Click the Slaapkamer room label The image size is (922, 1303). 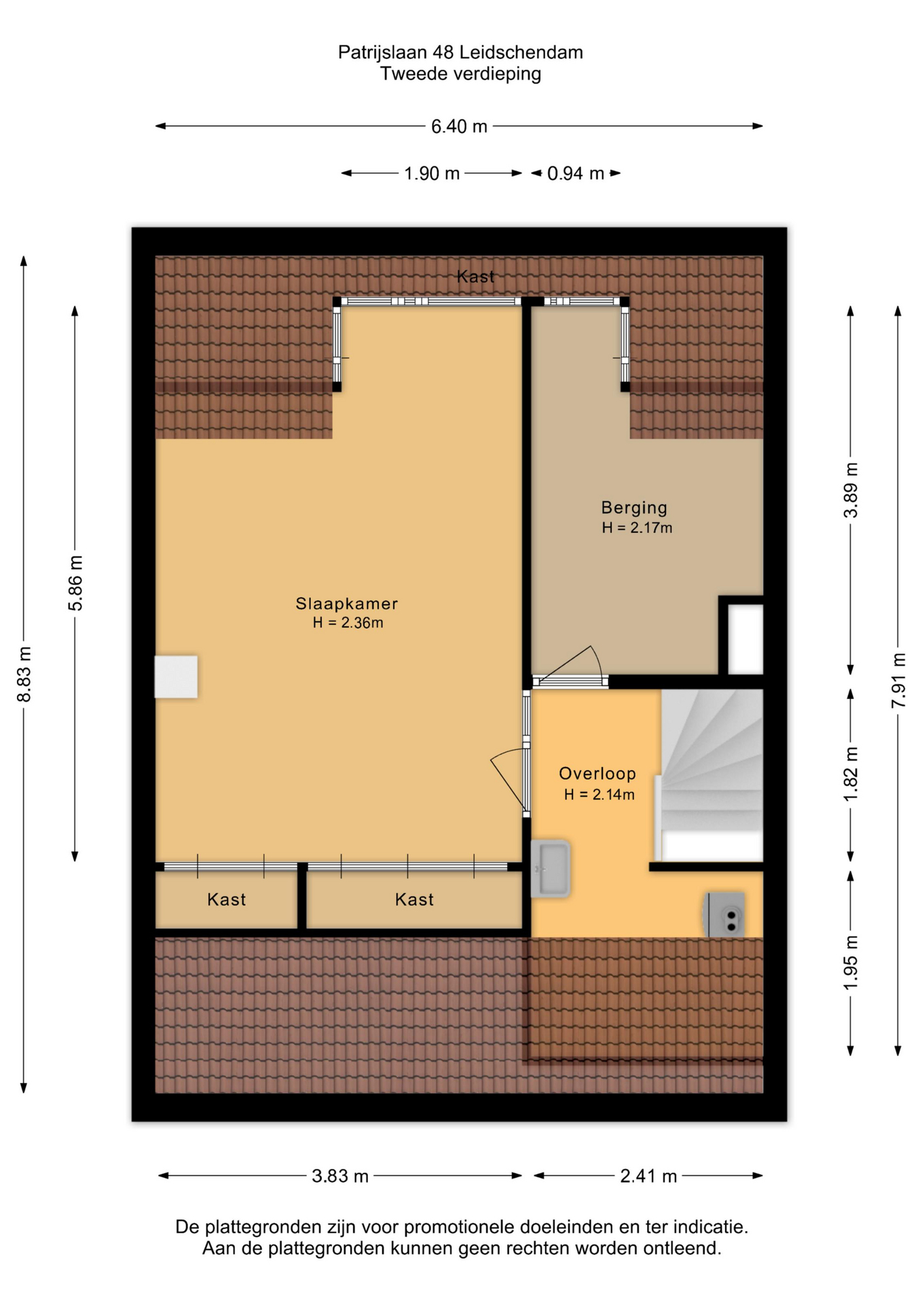click(x=346, y=603)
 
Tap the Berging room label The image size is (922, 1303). click(x=634, y=508)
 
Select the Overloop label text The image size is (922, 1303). click(x=597, y=774)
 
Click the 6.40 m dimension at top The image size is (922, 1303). click(x=459, y=126)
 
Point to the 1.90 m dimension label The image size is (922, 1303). click(x=432, y=174)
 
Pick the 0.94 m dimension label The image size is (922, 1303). click(x=576, y=174)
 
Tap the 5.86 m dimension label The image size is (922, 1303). click(x=75, y=583)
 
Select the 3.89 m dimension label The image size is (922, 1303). click(x=851, y=490)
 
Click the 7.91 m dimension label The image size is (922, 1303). click(x=898, y=680)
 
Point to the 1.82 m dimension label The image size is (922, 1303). click(x=851, y=774)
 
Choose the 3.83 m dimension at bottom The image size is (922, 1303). click(x=340, y=1176)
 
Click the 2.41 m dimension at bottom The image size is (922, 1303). click(x=648, y=1176)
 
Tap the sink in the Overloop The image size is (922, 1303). click(x=550, y=869)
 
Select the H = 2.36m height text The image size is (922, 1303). click(x=348, y=623)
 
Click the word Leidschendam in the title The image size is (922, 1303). click(x=521, y=52)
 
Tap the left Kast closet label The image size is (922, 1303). click(x=227, y=900)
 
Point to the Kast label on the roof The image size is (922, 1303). click(x=475, y=276)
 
